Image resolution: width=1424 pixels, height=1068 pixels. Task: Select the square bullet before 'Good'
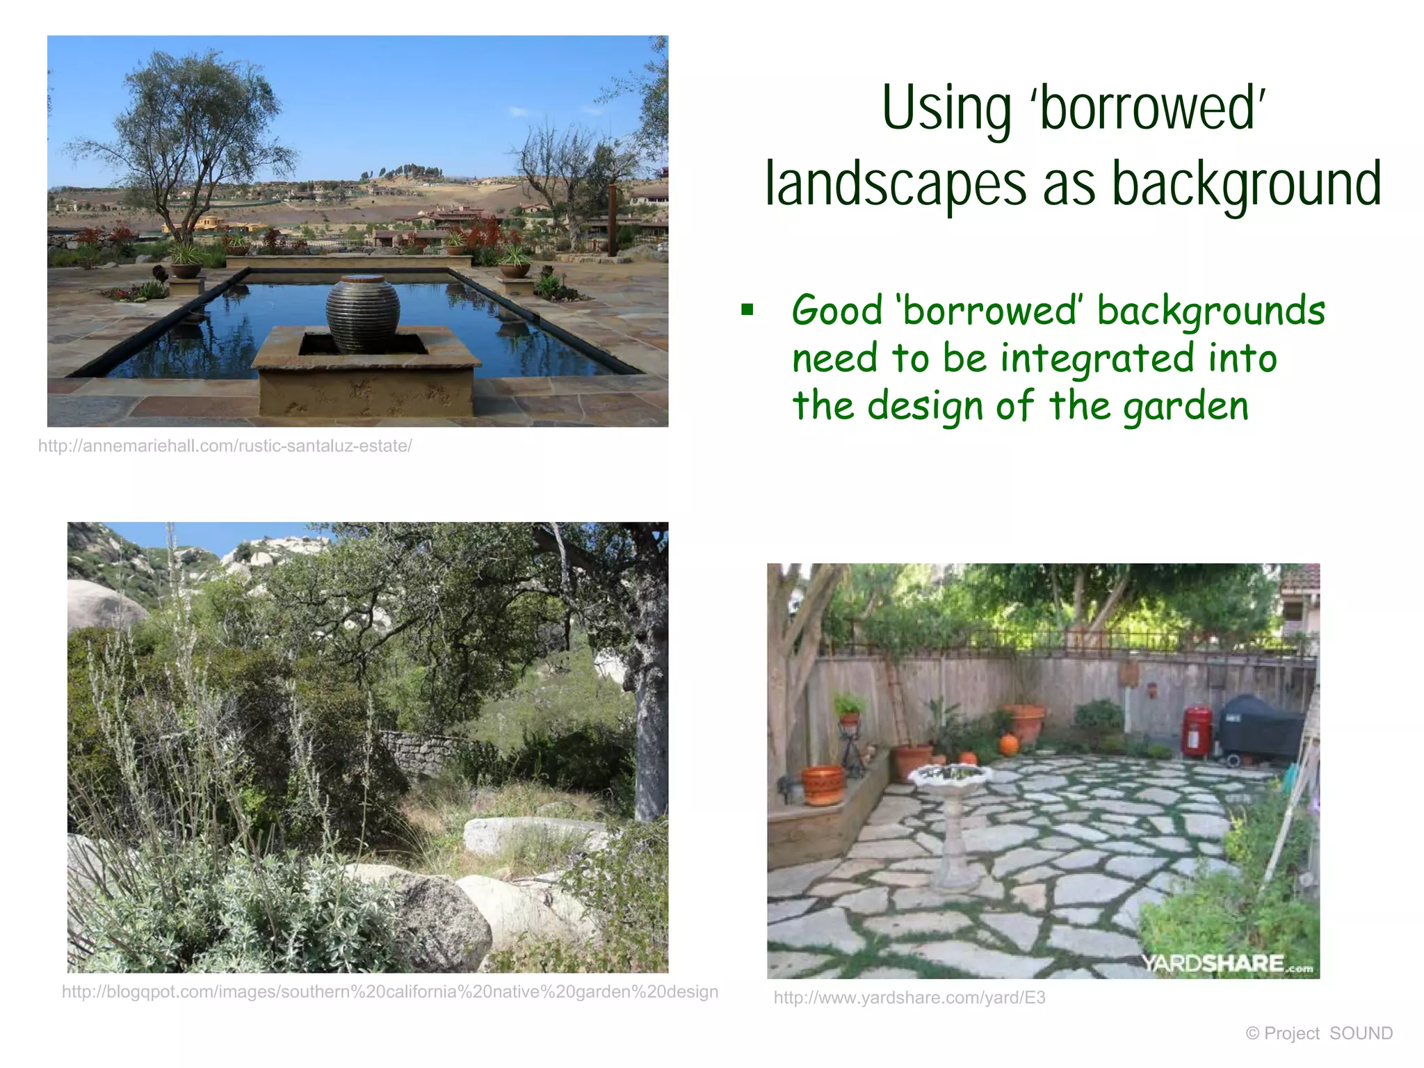(747, 309)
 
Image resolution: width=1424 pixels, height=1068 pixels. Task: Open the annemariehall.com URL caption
(225, 446)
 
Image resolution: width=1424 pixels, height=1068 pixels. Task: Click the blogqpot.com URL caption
(389, 992)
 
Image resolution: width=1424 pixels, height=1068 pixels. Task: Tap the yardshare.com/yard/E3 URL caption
(909, 998)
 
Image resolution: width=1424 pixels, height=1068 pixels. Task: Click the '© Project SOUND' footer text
(1319, 1033)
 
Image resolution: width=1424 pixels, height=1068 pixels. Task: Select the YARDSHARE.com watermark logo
(1227, 964)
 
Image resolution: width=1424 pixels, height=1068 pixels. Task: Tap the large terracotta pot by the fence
(1024, 723)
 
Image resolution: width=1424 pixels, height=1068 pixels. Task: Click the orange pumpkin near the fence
(1008, 744)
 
